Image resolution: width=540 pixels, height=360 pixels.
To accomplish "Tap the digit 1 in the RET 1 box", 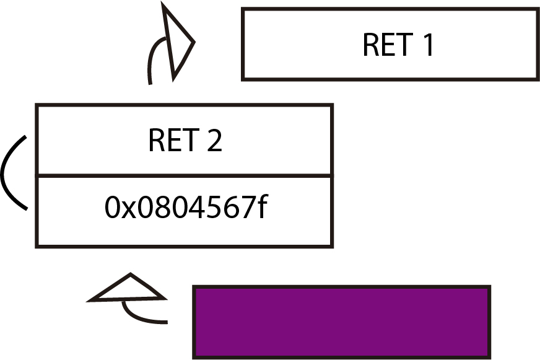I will (x=427, y=45).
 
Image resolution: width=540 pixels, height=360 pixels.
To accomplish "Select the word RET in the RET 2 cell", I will (x=172, y=141).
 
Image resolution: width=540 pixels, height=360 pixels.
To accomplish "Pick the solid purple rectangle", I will (x=342, y=322).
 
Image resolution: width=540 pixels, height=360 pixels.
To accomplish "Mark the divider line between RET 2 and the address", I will (x=185, y=176).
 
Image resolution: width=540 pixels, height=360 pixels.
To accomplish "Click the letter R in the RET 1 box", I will (x=371, y=45).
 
